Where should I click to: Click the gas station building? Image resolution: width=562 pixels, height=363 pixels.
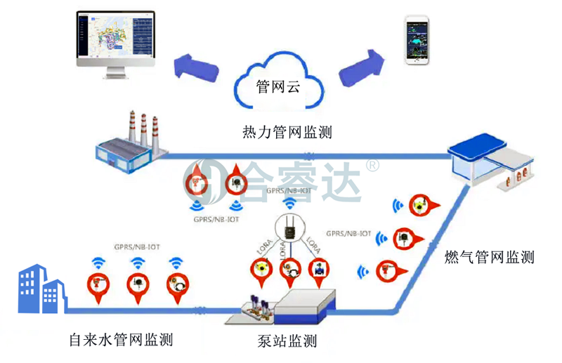[484, 166]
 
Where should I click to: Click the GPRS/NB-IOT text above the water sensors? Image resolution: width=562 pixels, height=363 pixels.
[137, 246]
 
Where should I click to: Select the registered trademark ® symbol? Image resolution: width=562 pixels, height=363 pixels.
[372, 166]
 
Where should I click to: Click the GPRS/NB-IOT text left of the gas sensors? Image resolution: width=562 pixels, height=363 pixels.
[349, 233]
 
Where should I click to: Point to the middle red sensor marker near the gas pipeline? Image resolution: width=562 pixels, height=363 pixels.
[407, 238]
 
